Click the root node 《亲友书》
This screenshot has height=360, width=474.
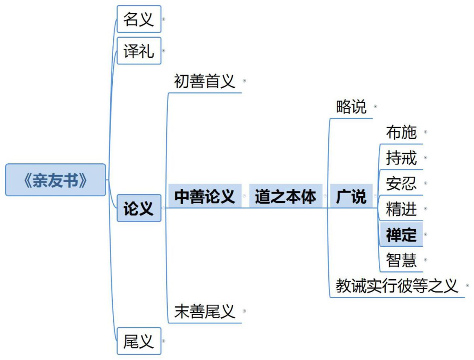[55, 180]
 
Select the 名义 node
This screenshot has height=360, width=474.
[139, 19]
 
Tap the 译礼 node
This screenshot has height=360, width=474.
[139, 51]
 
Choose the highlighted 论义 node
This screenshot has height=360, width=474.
[139, 208]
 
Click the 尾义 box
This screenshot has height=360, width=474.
[139, 341]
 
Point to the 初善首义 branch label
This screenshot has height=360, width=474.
[205, 81]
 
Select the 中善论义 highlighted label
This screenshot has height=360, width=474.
[205, 196]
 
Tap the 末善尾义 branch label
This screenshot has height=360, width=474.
[205, 311]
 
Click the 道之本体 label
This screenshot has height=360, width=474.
[285, 196]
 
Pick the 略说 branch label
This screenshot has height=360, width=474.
[351, 107]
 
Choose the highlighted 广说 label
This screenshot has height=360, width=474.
[351, 196]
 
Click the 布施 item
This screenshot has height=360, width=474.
[401, 132]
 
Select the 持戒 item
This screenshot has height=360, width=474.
[401, 157]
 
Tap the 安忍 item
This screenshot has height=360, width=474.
[401, 183]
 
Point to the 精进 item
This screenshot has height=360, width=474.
[401, 209]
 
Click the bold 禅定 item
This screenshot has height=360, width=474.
[401, 234]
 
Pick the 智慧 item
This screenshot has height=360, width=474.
[401, 260]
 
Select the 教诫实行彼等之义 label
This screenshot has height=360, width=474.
[397, 286]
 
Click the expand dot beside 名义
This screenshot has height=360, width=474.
[164, 19]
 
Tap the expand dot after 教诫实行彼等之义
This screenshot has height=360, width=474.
[467, 286]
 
